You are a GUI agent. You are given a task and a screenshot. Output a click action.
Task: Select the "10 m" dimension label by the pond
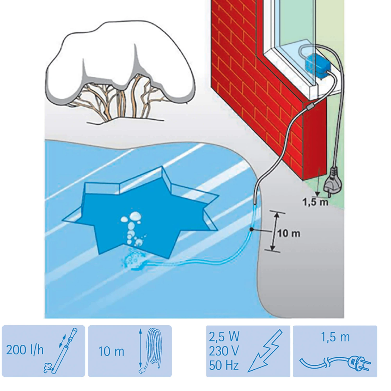coord(289,233)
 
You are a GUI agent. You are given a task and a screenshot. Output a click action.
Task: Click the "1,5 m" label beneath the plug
coord(315,202)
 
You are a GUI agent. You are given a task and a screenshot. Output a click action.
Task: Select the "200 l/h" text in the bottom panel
coord(25,350)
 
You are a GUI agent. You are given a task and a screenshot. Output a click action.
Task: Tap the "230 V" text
coord(224,351)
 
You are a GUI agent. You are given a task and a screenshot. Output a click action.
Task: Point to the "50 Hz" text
coord(224,365)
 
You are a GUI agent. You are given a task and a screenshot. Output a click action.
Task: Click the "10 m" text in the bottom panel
coord(111,351)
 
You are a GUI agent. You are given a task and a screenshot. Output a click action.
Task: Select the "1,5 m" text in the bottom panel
coord(335,337)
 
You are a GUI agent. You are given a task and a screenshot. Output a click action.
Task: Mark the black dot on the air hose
coord(251,229)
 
